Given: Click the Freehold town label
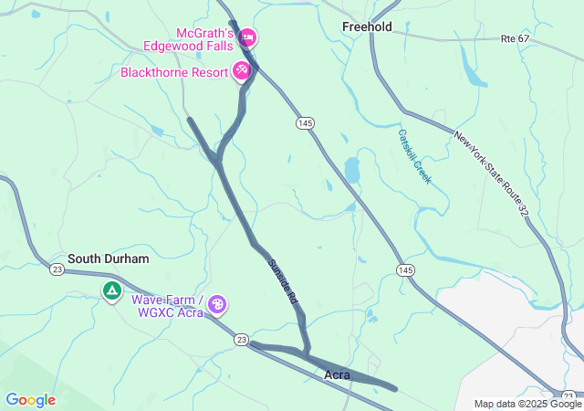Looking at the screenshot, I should (367, 26).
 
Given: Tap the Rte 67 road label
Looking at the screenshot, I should (515, 38).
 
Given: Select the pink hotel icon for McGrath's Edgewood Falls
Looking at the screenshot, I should (248, 38).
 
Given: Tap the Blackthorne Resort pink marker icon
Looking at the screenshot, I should (242, 70).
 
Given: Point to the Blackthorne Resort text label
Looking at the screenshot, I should (173, 71).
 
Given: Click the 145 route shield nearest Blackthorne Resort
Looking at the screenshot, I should (305, 122).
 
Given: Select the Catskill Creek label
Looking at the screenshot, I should (413, 156).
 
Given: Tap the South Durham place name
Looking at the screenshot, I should (108, 258).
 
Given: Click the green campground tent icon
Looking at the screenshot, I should (111, 292).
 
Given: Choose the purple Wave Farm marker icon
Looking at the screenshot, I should (217, 304).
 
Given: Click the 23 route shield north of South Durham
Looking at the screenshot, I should (57, 269).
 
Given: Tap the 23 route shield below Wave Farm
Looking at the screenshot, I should (241, 339).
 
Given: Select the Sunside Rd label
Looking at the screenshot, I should (283, 281).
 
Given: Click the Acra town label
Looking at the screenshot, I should (338, 374).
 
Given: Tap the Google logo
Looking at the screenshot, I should (30, 400).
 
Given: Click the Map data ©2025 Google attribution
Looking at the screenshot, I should (527, 404).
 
